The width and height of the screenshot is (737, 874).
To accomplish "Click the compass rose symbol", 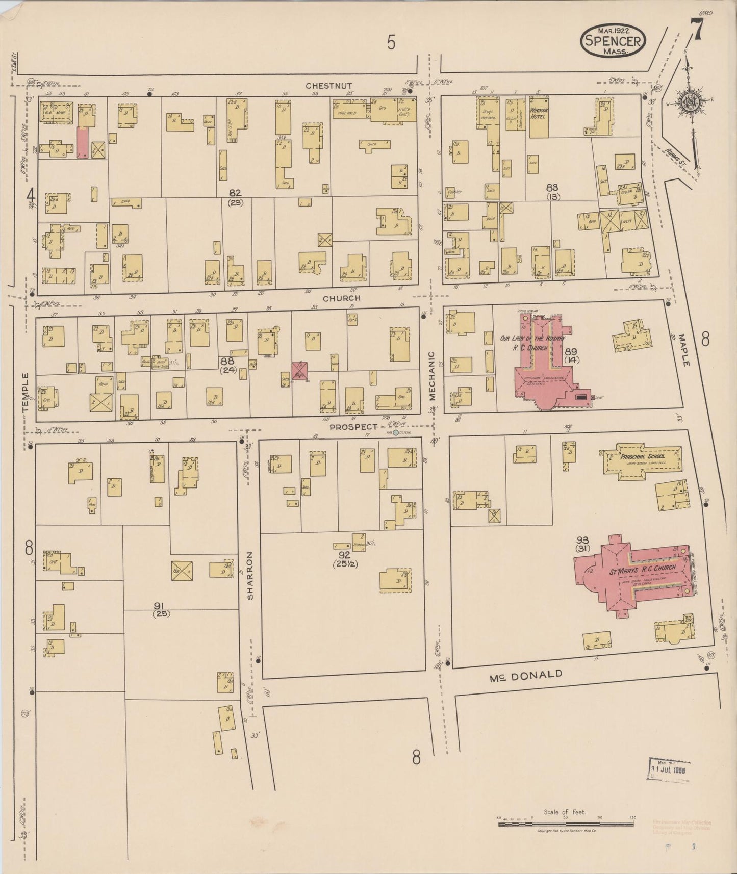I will point(691,101).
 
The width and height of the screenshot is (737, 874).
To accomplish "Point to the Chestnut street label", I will point(329,86).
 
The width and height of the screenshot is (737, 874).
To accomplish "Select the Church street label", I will point(341,298).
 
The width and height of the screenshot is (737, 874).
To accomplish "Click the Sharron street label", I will point(250,575).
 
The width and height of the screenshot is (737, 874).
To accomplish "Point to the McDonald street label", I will point(525,676).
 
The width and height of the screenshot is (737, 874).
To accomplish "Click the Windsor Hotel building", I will point(539,115).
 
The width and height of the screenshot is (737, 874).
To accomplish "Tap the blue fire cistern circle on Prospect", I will point(396,433).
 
